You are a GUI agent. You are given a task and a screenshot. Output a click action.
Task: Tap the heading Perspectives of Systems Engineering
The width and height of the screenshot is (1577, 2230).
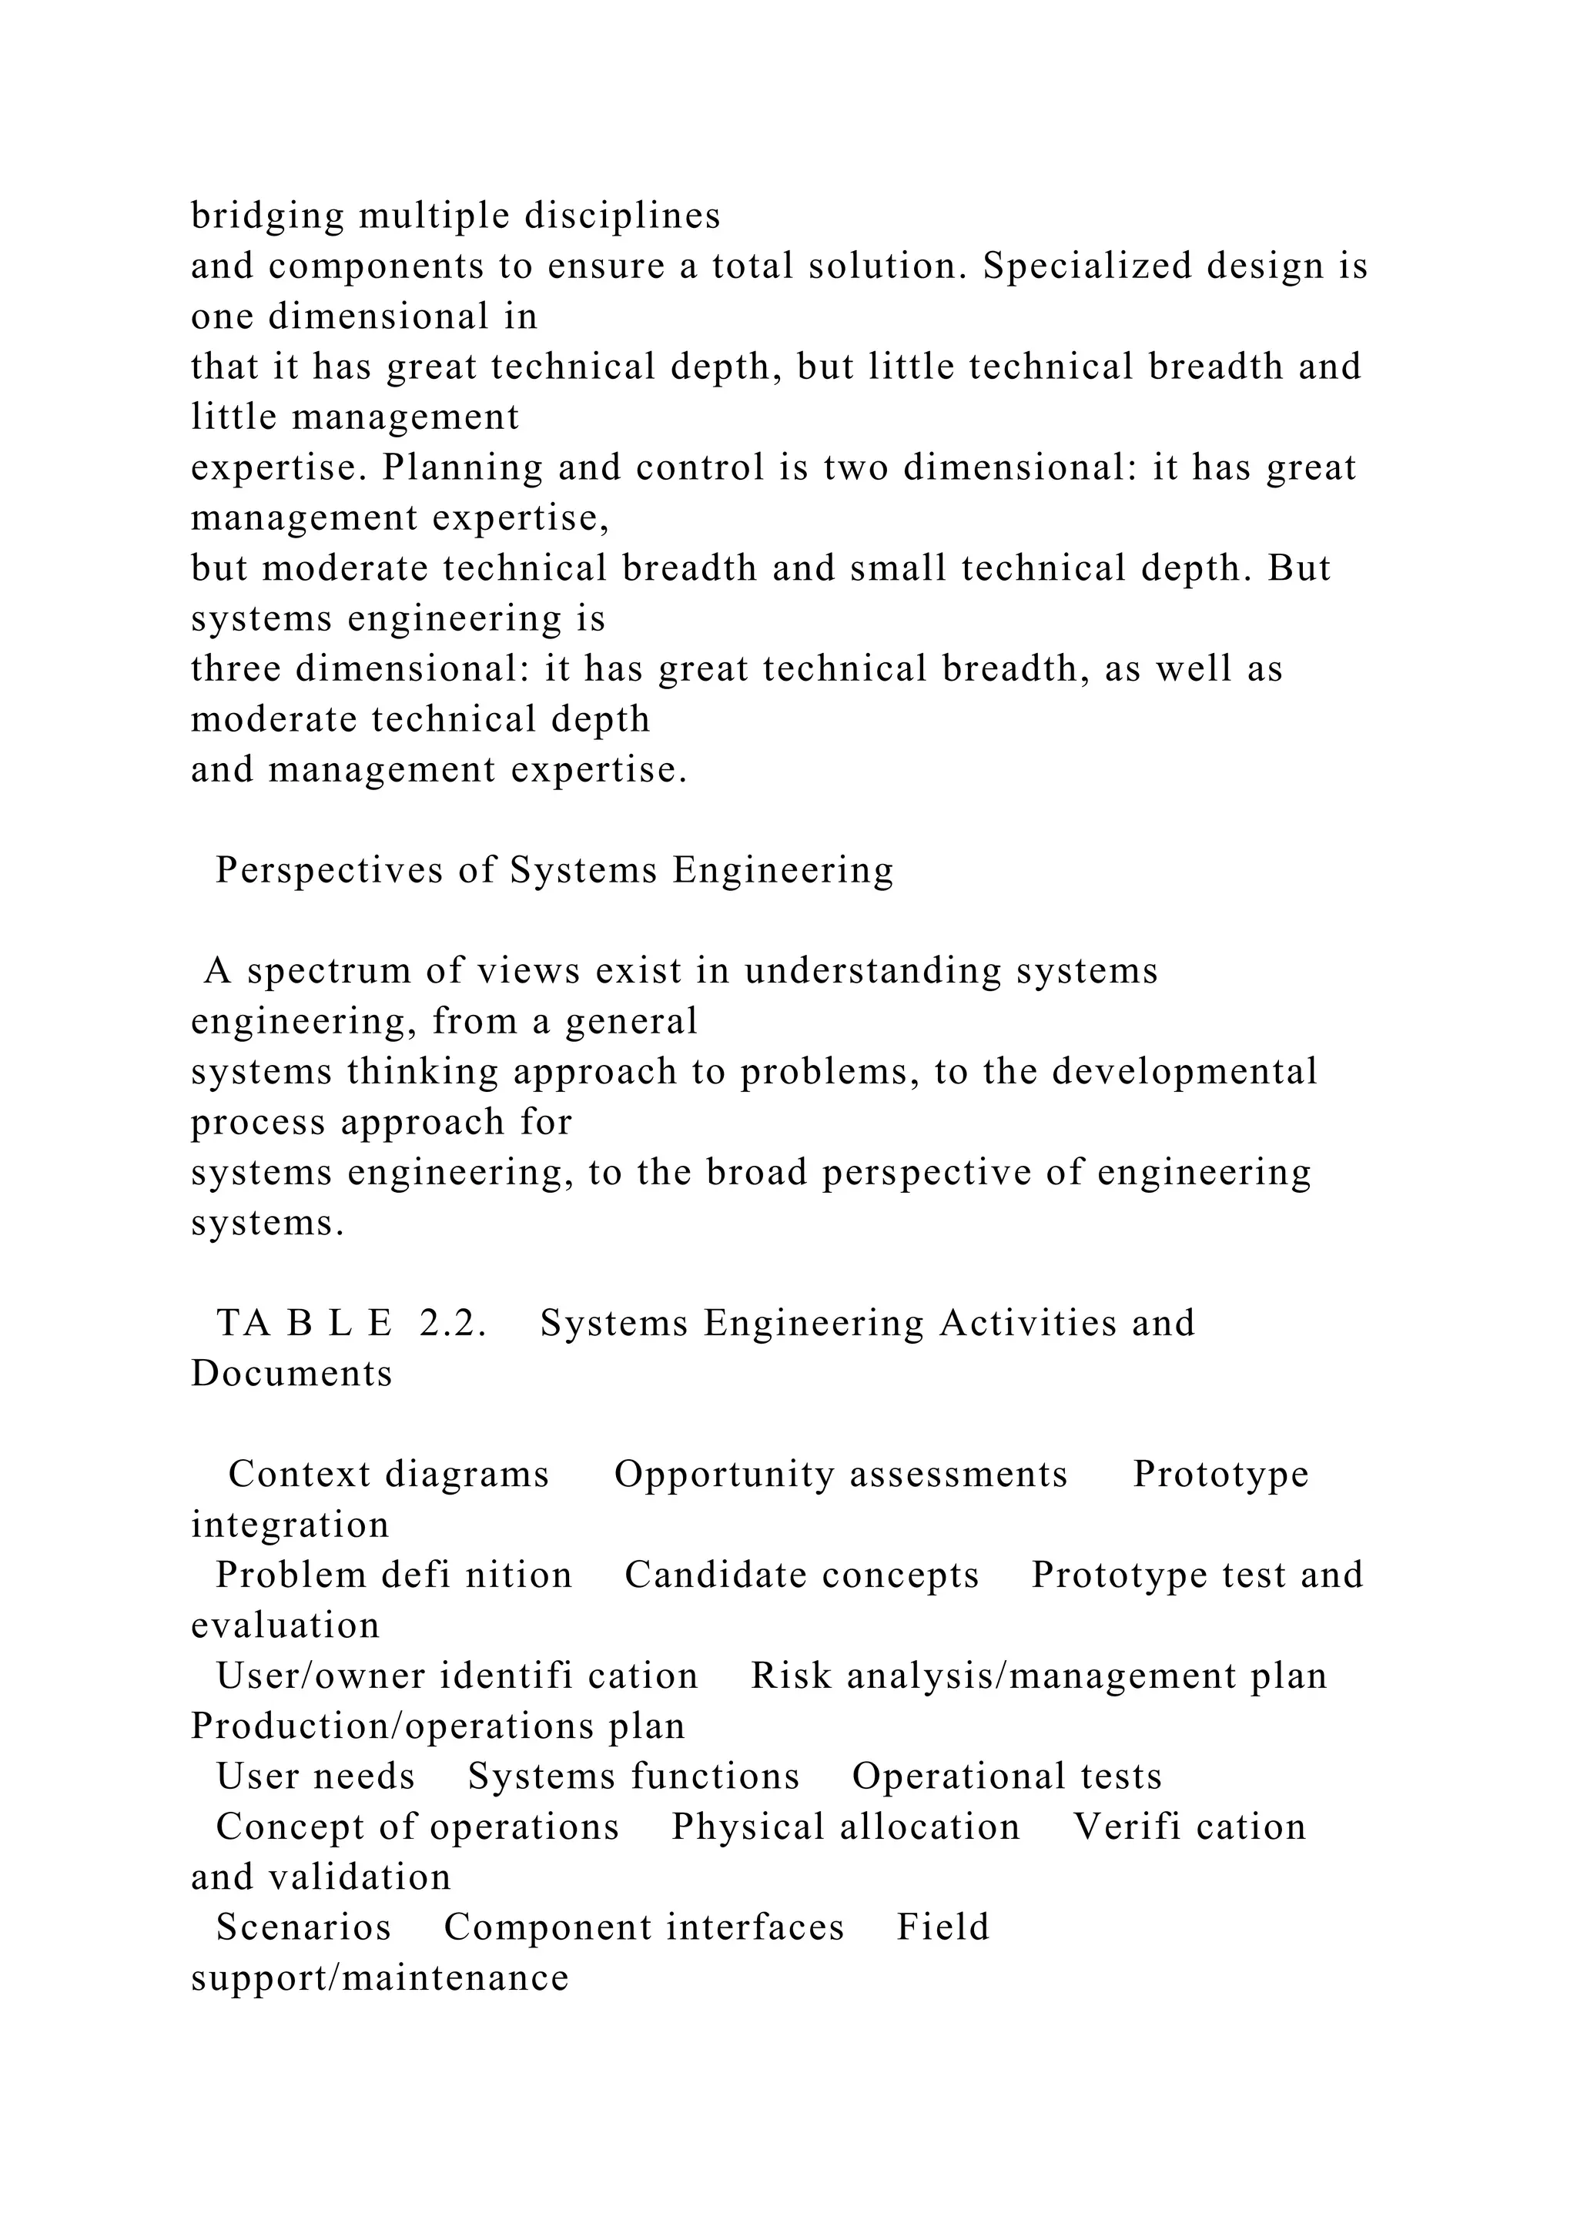[554, 870]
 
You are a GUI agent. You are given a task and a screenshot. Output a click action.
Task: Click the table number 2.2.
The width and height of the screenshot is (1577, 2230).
[453, 1324]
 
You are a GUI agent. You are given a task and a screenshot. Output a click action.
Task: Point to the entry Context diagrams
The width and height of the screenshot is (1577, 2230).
[388, 1475]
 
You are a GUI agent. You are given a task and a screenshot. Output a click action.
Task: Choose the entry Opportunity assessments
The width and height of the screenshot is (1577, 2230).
[840, 1475]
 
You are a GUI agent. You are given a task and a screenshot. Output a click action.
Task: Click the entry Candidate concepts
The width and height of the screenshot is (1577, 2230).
[801, 1575]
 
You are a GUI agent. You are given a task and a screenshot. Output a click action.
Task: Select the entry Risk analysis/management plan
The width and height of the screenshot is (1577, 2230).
[1038, 1676]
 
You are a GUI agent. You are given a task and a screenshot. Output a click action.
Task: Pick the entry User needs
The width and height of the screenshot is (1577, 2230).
[315, 1776]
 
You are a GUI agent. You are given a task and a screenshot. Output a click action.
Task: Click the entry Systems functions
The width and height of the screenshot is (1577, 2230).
[633, 1776]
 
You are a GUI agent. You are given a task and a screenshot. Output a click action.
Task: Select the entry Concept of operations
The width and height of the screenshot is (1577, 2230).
[417, 1827]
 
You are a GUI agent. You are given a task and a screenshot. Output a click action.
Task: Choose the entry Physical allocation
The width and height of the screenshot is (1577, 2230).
[845, 1827]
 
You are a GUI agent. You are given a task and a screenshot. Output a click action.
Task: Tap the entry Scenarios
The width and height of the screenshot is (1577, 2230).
[303, 1928]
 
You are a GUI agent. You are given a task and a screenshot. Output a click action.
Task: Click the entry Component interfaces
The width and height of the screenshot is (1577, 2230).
[643, 1928]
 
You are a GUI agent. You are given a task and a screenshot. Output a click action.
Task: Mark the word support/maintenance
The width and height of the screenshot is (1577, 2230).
[380, 1978]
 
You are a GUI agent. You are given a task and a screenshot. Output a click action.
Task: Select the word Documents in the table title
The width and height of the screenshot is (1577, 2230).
[291, 1374]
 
